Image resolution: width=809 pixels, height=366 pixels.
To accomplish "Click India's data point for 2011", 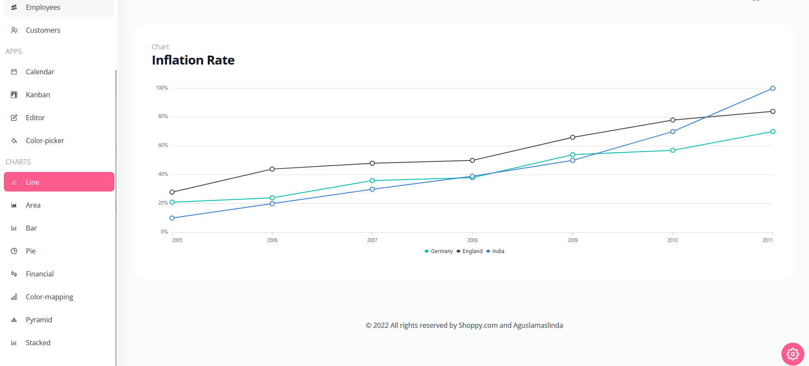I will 772,88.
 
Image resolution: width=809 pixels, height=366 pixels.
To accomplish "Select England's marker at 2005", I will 172,192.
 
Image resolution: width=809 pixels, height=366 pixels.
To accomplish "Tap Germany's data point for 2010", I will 673,150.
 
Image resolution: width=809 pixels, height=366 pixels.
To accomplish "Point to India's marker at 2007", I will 372,189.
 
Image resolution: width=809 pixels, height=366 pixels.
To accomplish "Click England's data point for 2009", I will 573,137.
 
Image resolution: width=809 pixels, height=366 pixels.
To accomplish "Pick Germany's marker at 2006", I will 272,198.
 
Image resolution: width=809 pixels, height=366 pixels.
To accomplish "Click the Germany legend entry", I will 439,251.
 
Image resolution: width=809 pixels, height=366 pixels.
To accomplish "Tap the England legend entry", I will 470,251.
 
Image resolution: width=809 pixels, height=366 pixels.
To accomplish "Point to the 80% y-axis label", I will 163,116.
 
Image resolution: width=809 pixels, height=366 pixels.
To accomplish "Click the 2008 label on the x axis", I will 472,240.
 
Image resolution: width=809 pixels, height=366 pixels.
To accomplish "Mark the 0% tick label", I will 164,232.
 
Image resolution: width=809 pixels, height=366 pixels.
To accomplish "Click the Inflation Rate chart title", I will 193,60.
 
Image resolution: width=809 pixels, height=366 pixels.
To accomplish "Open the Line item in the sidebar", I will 59,182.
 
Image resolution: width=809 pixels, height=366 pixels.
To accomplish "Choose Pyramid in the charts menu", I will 39,320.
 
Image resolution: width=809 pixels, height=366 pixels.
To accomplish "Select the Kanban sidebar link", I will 38,95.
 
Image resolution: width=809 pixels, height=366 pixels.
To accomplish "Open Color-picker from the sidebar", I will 45,141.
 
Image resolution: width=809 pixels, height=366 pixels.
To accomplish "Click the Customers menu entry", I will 43,30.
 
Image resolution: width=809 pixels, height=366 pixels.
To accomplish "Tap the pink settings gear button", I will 792,354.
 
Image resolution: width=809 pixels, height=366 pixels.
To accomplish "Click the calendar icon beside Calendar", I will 14,72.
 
